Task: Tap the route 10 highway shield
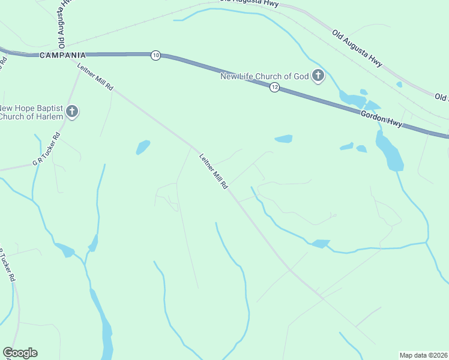[156, 55]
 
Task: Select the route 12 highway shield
[274, 88]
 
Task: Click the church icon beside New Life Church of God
[318, 76]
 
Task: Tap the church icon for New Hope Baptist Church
[72, 111]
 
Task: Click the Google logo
[20, 353]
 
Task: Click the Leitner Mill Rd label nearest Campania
[95, 77]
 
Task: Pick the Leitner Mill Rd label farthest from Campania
[214, 172]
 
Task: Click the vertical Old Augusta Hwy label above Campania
[63, 24]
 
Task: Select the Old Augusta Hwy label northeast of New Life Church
[357, 45]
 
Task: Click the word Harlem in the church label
[49, 116]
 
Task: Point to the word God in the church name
[301, 76]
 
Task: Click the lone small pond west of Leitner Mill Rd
[143, 147]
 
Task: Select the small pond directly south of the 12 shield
[283, 139]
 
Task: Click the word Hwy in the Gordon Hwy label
[394, 123]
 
